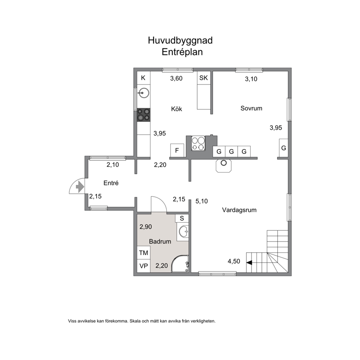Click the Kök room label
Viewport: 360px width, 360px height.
click(x=177, y=109)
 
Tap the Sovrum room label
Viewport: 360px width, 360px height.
click(x=251, y=108)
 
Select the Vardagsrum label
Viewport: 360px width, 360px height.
click(x=239, y=210)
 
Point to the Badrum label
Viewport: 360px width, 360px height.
click(x=160, y=241)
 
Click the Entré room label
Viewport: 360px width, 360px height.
click(x=111, y=183)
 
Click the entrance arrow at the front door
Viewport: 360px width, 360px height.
click(x=80, y=187)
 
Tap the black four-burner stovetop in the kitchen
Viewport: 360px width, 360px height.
click(x=143, y=115)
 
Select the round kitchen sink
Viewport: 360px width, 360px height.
click(x=143, y=93)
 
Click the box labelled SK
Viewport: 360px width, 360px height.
click(x=204, y=78)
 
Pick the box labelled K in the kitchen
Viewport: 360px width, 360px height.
click(x=143, y=78)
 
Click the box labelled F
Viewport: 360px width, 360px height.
click(x=177, y=150)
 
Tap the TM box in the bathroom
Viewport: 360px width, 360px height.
click(x=144, y=253)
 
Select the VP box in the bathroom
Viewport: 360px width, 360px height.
click(x=144, y=266)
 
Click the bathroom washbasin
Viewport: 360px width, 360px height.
click(x=183, y=232)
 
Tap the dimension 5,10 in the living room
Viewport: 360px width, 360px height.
click(x=201, y=201)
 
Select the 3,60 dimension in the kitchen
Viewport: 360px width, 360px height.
click(x=176, y=78)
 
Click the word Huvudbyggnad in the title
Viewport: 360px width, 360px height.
click(x=180, y=40)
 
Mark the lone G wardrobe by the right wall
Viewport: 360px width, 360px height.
click(x=284, y=148)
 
